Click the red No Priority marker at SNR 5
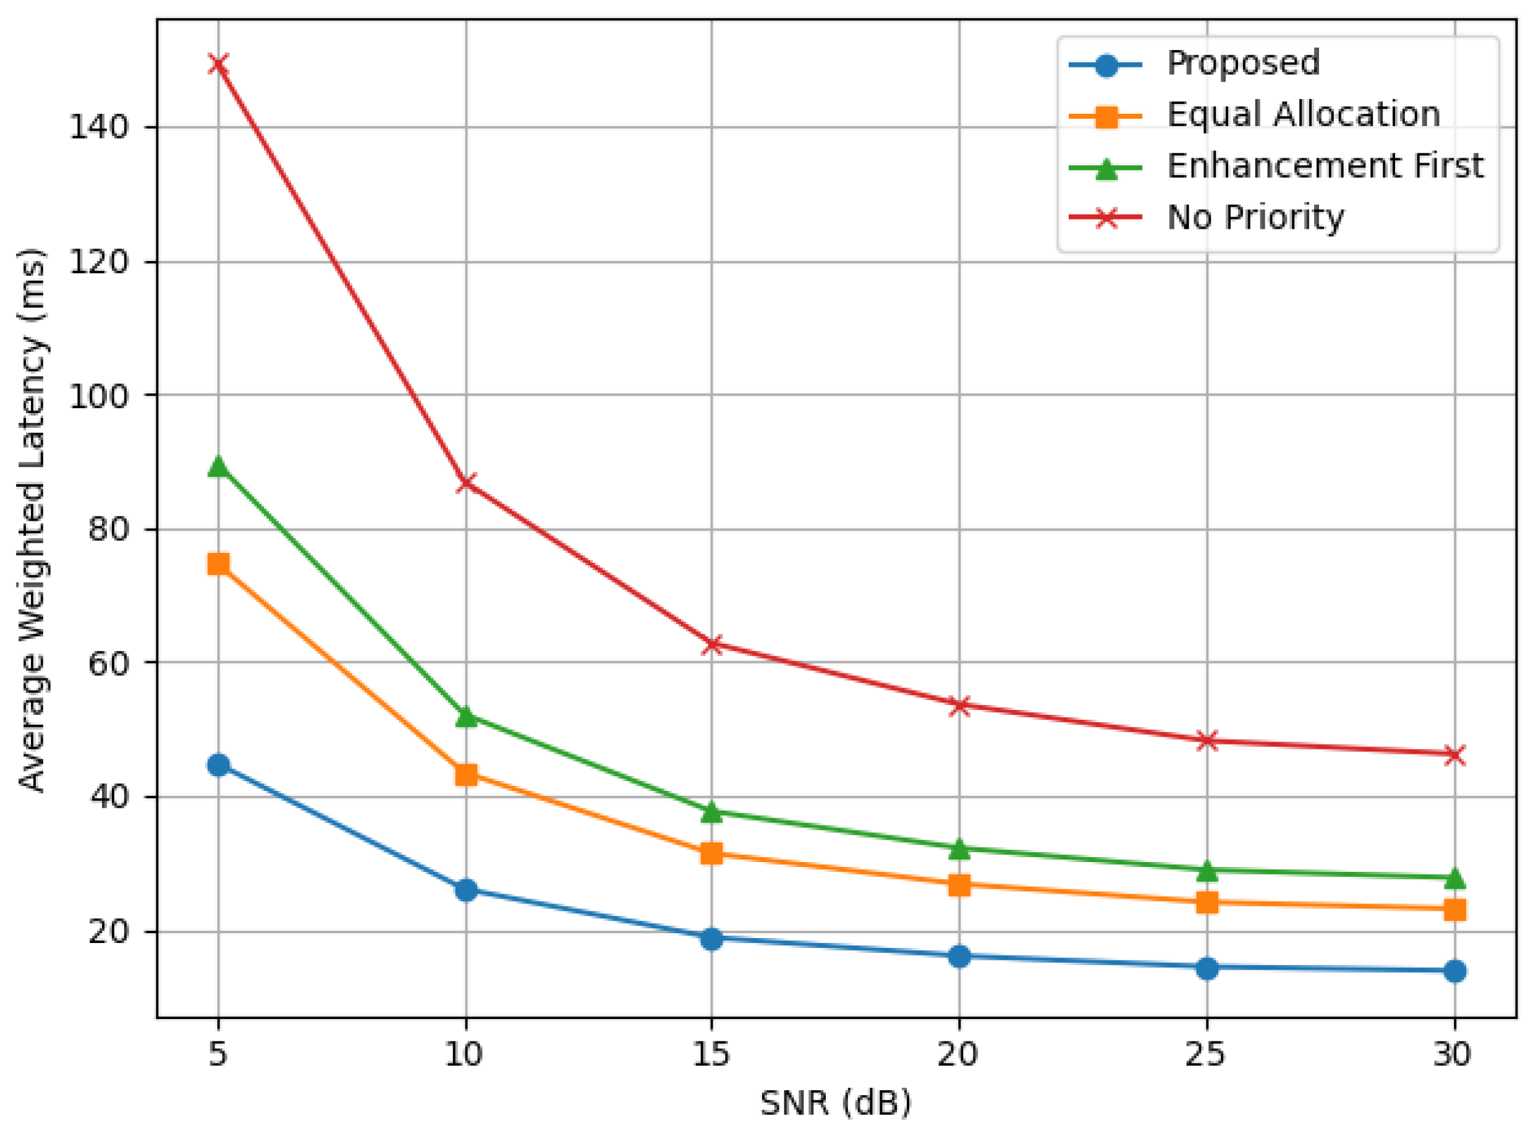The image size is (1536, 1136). click(x=219, y=64)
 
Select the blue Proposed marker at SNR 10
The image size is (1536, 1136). click(x=466, y=890)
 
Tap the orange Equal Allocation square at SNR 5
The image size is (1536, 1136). click(x=219, y=565)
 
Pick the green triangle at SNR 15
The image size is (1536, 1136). click(x=712, y=811)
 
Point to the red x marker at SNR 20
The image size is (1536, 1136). click(x=959, y=706)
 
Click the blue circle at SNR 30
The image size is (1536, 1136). click(x=1454, y=971)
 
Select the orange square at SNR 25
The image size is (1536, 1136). click(x=1207, y=902)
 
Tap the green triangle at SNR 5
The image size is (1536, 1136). click(x=219, y=467)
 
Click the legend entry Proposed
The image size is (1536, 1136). click(x=1242, y=63)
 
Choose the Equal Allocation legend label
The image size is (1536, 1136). click(x=1303, y=114)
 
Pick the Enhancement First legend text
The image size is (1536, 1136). click(x=1325, y=166)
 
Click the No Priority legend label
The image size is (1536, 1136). click(x=1255, y=217)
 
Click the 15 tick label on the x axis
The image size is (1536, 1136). click(x=711, y=1054)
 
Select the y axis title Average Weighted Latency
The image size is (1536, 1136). click(x=32, y=519)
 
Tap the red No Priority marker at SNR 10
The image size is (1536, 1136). click(x=466, y=484)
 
